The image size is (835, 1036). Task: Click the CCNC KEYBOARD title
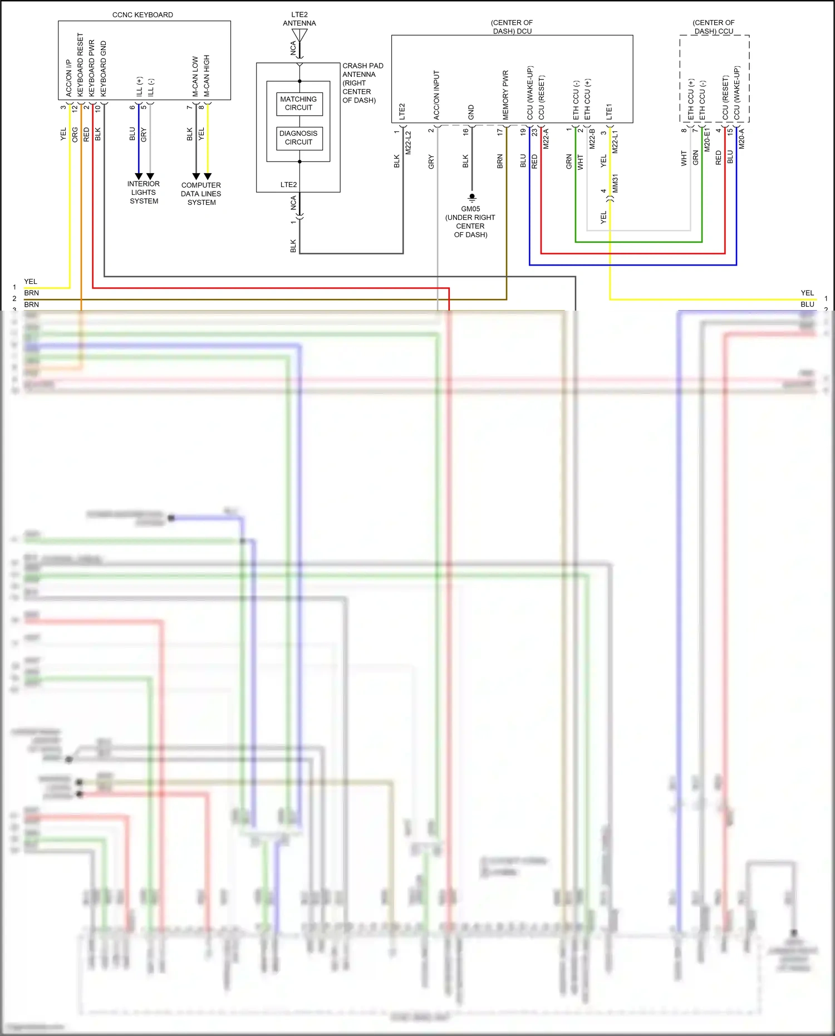(143, 15)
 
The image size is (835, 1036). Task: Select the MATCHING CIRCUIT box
(299, 104)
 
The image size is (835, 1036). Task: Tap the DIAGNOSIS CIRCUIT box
(299, 138)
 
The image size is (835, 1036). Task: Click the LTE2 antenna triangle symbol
(299, 35)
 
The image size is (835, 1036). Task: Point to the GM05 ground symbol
(472, 197)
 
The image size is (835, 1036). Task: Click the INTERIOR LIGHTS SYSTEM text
(144, 193)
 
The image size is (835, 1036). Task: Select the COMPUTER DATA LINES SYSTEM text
(201, 194)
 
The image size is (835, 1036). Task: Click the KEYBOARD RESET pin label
(80, 65)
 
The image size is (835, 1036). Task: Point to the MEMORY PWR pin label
(505, 95)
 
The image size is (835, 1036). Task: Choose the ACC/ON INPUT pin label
(436, 95)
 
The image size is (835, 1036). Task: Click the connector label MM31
(616, 184)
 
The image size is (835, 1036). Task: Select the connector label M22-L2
(408, 143)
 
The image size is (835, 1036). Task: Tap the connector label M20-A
(741, 139)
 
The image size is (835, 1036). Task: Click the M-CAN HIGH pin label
(207, 76)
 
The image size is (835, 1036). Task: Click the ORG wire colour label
(75, 135)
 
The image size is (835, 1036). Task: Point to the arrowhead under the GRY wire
(150, 176)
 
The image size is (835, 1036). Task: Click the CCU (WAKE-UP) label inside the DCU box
(530, 93)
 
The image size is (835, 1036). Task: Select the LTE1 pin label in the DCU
(609, 111)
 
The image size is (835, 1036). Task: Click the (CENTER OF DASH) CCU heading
(714, 27)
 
